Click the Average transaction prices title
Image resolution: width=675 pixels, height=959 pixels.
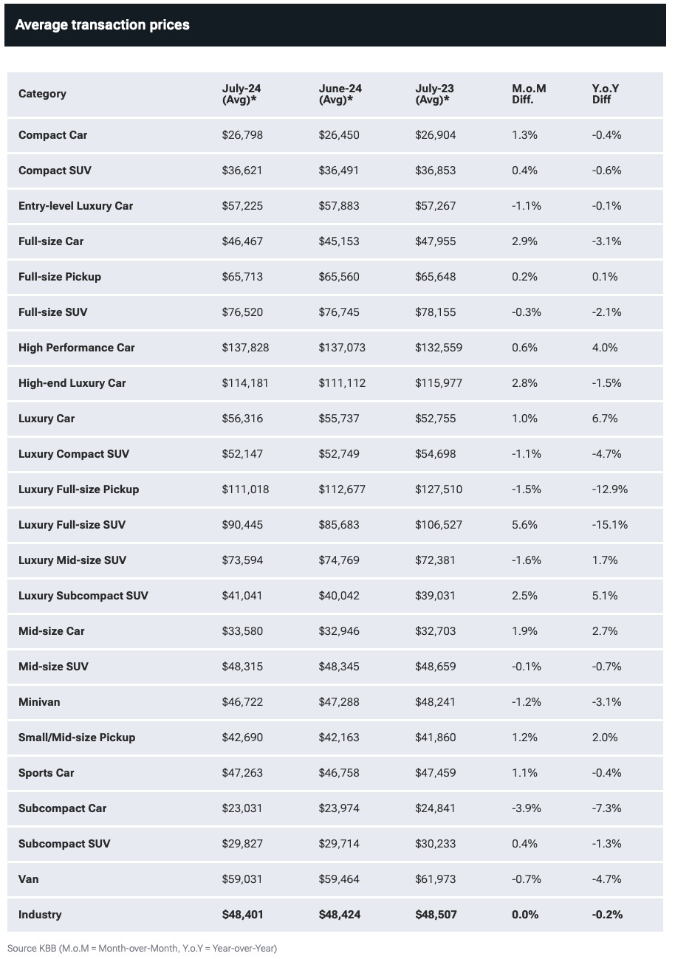tap(102, 25)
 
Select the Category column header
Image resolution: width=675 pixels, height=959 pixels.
tap(42, 94)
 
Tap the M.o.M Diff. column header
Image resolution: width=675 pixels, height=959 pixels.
tap(529, 94)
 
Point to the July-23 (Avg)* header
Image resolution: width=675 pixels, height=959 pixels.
tap(434, 94)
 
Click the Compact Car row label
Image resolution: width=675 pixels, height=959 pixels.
tap(52, 135)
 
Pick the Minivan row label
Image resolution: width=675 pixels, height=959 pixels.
tap(39, 701)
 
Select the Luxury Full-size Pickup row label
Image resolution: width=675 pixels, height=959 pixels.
tap(79, 489)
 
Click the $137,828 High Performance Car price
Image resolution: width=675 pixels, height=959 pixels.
tap(245, 347)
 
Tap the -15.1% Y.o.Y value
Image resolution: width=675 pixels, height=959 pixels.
tap(610, 524)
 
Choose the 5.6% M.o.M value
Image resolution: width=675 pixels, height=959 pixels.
tap(524, 524)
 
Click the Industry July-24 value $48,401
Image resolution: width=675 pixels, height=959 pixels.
tap(242, 915)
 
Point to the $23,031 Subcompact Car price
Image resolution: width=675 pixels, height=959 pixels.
tap(242, 808)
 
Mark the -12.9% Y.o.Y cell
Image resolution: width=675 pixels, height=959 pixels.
tap(610, 489)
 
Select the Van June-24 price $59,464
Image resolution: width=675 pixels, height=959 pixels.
tap(339, 879)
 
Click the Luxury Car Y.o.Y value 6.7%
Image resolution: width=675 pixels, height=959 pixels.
tap(605, 419)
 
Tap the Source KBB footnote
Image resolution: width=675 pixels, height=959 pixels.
tap(143, 949)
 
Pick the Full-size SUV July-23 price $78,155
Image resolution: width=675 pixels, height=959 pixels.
tap(435, 312)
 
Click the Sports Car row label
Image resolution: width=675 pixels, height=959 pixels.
tap(47, 773)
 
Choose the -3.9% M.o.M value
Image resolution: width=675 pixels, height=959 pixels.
tap(527, 808)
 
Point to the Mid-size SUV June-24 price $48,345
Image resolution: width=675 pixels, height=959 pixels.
tap(339, 666)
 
